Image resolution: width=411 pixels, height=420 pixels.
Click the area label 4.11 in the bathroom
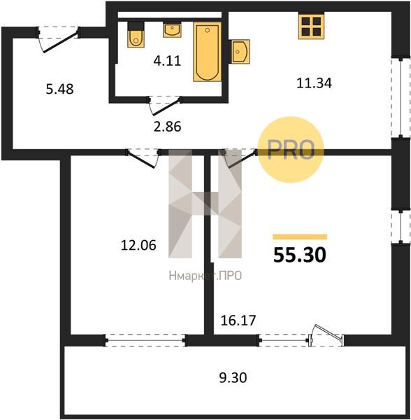coord(167,61)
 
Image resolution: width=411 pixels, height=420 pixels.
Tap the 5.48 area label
coord(59,89)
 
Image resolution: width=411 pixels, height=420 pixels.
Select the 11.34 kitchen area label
coord(315,83)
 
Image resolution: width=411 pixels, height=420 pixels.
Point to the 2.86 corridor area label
coord(167,127)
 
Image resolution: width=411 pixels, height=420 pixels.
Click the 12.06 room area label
coord(138,245)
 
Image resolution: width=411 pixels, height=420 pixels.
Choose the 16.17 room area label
coord(238,321)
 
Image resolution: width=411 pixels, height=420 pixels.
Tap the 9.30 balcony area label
coord(233,378)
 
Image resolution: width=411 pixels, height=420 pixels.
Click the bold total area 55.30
coord(300,255)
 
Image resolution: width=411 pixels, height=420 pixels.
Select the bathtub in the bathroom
coord(207,52)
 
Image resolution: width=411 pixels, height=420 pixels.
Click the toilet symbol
coord(136,34)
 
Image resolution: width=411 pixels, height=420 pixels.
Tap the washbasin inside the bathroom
coord(172,30)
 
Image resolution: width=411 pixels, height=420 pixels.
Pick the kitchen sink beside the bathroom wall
coord(240,51)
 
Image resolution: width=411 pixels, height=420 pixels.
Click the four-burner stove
coord(312,26)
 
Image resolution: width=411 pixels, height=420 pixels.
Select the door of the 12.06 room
coord(141,160)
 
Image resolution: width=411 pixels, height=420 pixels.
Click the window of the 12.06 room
coord(145,340)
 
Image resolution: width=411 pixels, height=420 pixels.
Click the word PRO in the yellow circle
coord(291,150)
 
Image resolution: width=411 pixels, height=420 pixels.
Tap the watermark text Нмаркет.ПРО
coord(206,276)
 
